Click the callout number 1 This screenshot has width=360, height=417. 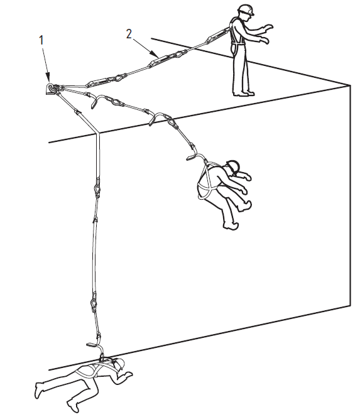pos(41,40)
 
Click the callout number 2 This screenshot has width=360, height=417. pos(129,34)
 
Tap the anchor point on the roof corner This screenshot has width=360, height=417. pos(50,89)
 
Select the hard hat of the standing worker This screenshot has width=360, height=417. pos(246,9)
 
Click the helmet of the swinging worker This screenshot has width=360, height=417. pos(233,166)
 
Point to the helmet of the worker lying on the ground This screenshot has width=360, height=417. pos(120,363)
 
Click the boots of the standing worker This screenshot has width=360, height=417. pos(244,94)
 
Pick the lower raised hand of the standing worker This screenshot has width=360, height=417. pos(264,40)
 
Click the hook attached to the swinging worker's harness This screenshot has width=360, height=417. pos(195,156)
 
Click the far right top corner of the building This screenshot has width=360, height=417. pos(349,85)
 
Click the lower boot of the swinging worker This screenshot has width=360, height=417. pos(231,225)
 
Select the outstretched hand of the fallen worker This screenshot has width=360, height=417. pos(128,374)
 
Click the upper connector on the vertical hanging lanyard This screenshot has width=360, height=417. pos(97,187)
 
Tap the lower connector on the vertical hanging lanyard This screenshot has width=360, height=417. pos(94,303)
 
